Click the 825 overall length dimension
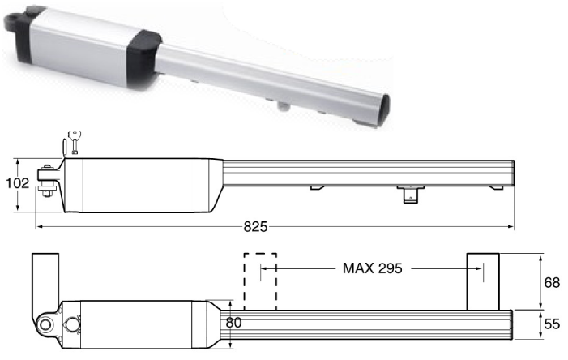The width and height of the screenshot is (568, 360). (x=255, y=226)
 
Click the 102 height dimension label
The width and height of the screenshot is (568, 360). (x=17, y=183)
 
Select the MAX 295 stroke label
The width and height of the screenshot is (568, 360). (x=373, y=268)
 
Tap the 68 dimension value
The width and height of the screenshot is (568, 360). (x=552, y=282)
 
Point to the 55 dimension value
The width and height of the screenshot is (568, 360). (x=552, y=324)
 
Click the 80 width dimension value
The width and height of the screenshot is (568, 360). (x=233, y=322)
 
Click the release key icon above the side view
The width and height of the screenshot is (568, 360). (x=75, y=142)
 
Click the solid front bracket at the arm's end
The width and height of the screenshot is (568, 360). (x=483, y=281)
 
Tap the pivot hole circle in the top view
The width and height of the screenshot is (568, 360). (x=45, y=324)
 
